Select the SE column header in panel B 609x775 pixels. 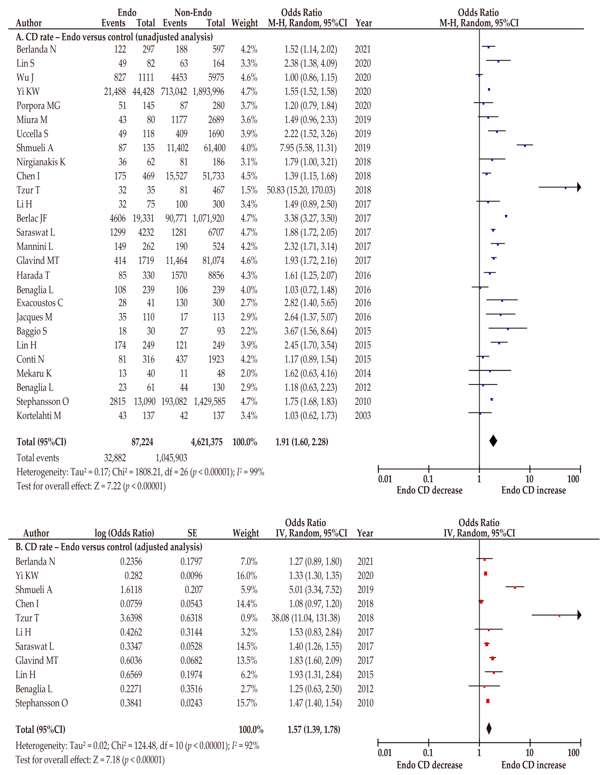pos(192,533)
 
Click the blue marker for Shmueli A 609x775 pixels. pos(525,146)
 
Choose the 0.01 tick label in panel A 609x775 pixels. pos(385,479)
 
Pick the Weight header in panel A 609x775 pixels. pos(245,23)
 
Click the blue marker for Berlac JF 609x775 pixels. pos(506,216)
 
